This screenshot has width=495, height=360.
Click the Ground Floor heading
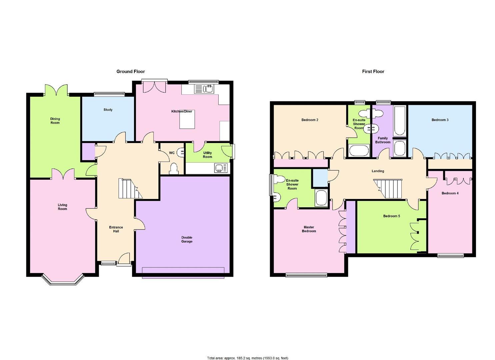pyautogui.click(x=130, y=71)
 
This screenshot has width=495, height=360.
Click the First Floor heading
pyautogui.click(x=373, y=71)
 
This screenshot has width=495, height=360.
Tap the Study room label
pyautogui.click(x=108, y=110)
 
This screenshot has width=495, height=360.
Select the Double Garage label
pyautogui.click(x=187, y=239)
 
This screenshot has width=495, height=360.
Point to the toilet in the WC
pyautogui.click(x=174, y=168)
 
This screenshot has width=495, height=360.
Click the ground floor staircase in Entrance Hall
pyautogui.click(x=129, y=189)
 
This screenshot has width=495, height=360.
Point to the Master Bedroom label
pyautogui.click(x=309, y=229)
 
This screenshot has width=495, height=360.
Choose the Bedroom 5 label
pyautogui.click(x=391, y=216)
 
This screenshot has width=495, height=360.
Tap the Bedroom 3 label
pyautogui.click(x=440, y=120)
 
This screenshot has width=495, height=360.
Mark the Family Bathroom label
pyautogui.click(x=383, y=140)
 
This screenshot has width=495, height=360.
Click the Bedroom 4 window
pyautogui.click(x=451, y=256)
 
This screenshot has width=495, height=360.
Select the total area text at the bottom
pyautogui.click(x=247, y=358)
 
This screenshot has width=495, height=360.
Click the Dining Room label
pyautogui.click(x=55, y=121)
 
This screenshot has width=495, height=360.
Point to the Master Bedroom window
pyautogui.click(x=306, y=275)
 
